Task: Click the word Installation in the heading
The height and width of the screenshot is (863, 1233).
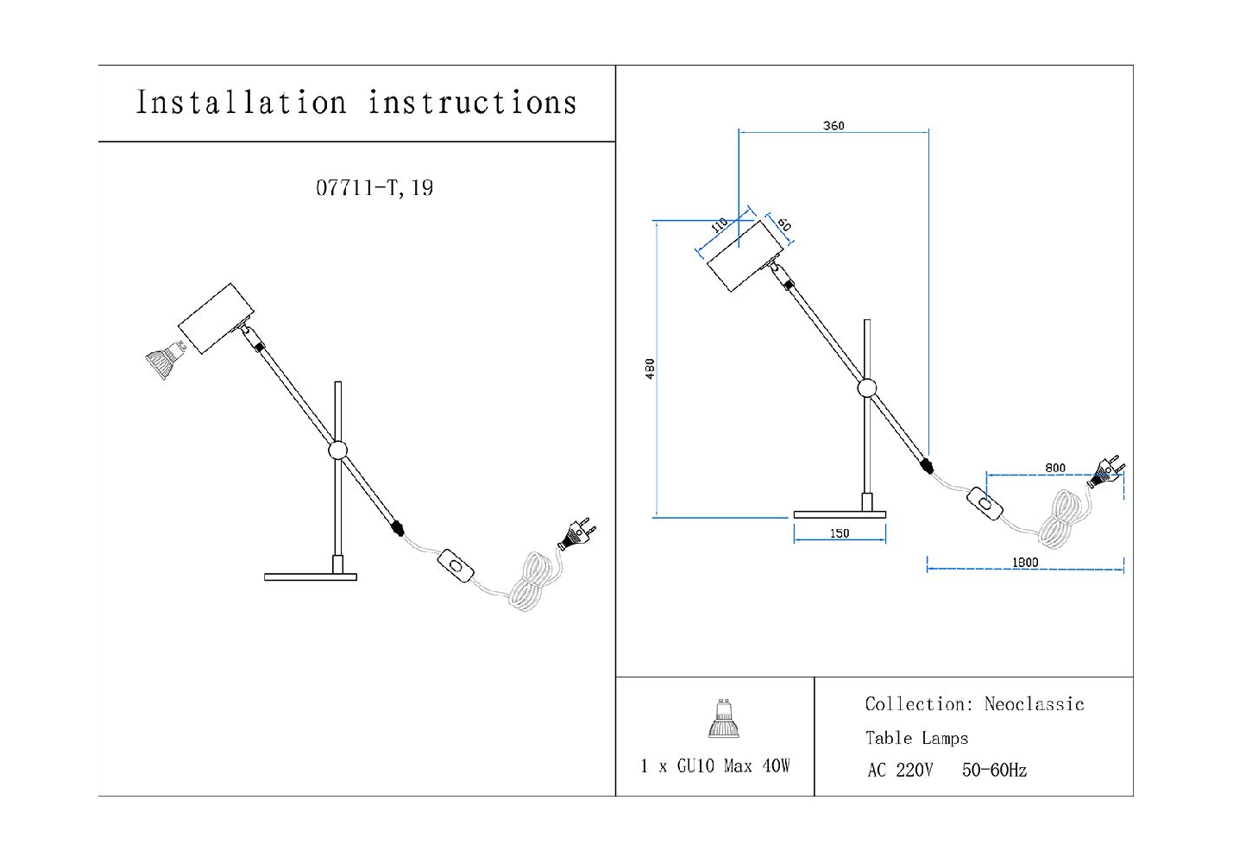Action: [x=241, y=103]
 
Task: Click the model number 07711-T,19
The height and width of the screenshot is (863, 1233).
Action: [x=374, y=188]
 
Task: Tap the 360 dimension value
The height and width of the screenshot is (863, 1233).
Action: [x=834, y=126]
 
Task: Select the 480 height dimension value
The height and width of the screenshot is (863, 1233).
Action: [x=651, y=369]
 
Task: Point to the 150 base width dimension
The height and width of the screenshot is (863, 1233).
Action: [x=840, y=533]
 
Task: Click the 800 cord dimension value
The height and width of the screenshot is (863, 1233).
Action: [x=1055, y=468]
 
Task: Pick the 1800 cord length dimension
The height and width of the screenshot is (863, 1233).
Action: [x=1025, y=563]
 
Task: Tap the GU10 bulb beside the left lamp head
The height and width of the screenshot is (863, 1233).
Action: [x=164, y=362]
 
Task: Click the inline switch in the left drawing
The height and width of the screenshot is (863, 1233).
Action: [x=456, y=567]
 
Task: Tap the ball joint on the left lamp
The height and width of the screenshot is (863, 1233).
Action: [x=337, y=450]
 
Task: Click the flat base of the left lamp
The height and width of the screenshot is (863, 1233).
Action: [x=311, y=576]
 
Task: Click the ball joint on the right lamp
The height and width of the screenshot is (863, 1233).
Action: [x=866, y=387]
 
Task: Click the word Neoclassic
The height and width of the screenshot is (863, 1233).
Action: [x=1034, y=704]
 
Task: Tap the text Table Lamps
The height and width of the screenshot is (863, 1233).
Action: [x=916, y=738]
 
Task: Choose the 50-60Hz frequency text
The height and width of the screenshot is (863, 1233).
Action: [x=994, y=771]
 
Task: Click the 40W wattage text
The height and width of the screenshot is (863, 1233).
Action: [x=776, y=766]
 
